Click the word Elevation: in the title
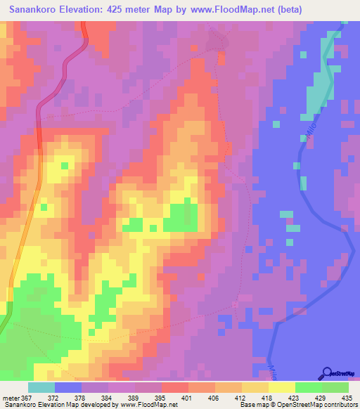94,11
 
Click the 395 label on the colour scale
160,397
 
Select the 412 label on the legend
240,397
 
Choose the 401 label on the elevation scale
187,397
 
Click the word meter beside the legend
11,397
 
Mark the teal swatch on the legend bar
41,387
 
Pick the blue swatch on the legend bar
68,387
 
